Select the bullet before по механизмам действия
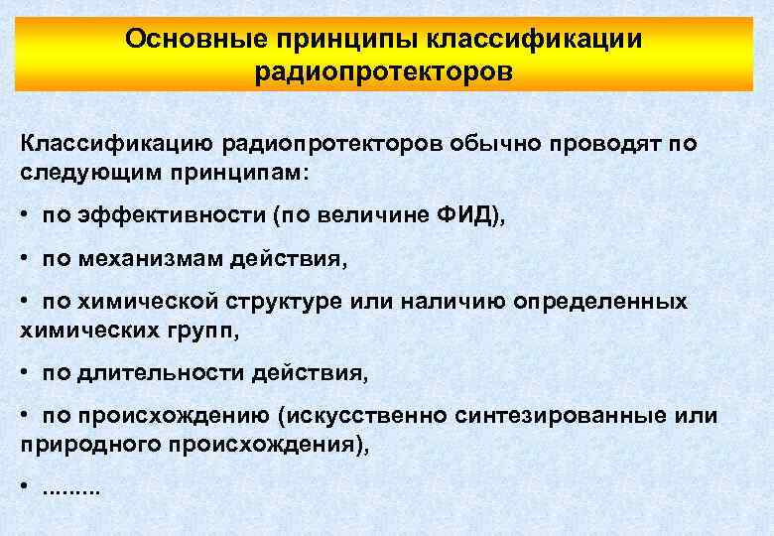pos(25,259)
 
